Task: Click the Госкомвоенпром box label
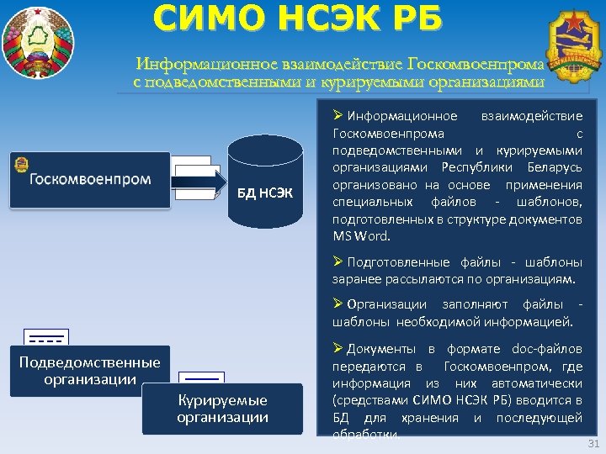pyautogui.click(x=90, y=179)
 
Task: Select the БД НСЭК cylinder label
pyautogui.click(x=264, y=195)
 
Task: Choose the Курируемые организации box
pyautogui.click(x=222, y=409)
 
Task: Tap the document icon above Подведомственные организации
pyautogui.click(x=46, y=338)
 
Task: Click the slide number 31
pyautogui.click(x=590, y=444)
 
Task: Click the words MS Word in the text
pyautogui.click(x=359, y=235)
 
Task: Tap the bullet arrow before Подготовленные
pyautogui.click(x=338, y=261)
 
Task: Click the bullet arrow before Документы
pyautogui.click(x=338, y=348)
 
